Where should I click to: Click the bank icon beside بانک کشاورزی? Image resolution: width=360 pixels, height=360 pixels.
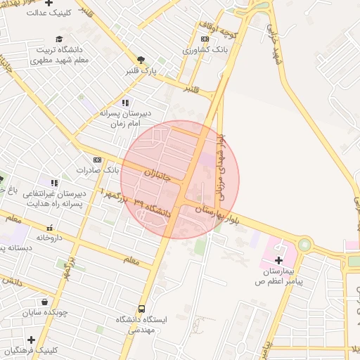[x=205, y=39]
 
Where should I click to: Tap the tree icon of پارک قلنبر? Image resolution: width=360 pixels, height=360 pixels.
[x=141, y=60]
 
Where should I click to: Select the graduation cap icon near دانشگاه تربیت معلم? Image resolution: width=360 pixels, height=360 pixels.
[x=59, y=39]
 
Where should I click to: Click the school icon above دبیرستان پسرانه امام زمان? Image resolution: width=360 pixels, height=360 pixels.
[x=125, y=103]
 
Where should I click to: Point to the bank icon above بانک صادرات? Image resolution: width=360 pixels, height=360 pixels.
[x=97, y=160]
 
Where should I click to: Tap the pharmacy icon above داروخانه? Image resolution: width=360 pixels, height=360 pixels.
[x=50, y=228]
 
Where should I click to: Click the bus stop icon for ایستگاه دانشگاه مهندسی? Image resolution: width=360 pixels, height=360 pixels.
[x=142, y=309]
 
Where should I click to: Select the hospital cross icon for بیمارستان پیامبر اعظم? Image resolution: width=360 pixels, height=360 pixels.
[x=279, y=260]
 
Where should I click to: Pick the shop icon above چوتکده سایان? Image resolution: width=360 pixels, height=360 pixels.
[x=44, y=302]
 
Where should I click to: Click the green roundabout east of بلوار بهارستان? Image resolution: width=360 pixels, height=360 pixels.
[x=304, y=245]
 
